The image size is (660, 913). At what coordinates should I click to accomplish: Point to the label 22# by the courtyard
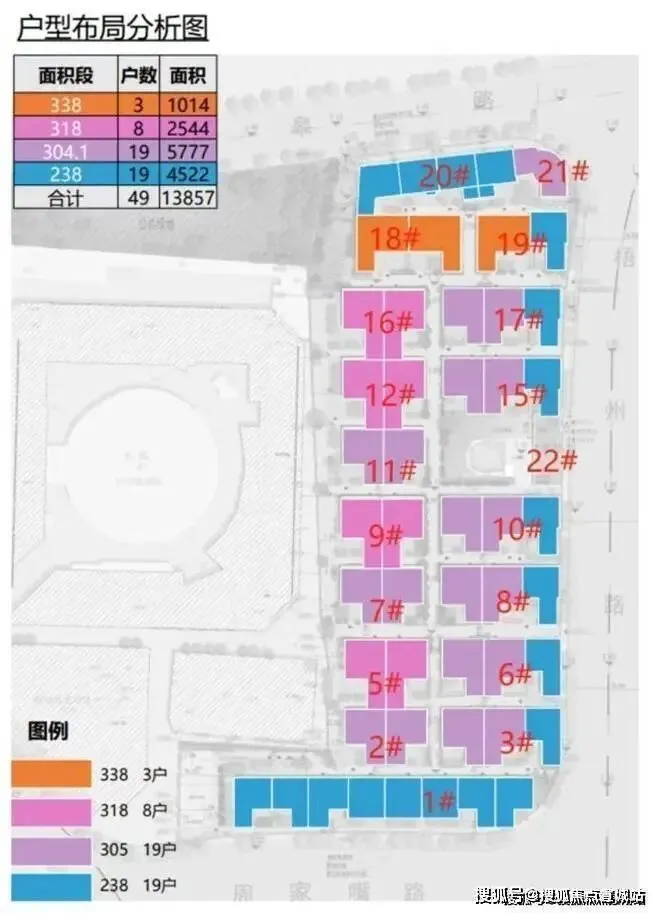(x=553, y=461)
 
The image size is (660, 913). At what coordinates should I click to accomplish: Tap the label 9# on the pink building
(x=383, y=537)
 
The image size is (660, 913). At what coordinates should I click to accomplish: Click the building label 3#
(x=514, y=743)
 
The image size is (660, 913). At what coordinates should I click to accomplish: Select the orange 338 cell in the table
(x=64, y=103)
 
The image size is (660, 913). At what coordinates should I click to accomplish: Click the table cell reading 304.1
(x=64, y=150)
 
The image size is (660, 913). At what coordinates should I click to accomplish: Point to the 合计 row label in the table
(x=64, y=197)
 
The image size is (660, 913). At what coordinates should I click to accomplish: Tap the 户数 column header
(x=139, y=75)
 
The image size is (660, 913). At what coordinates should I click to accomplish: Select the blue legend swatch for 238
(x=51, y=883)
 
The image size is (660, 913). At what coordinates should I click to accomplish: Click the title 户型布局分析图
(x=112, y=26)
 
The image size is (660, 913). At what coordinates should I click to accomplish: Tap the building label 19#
(x=522, y=243)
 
